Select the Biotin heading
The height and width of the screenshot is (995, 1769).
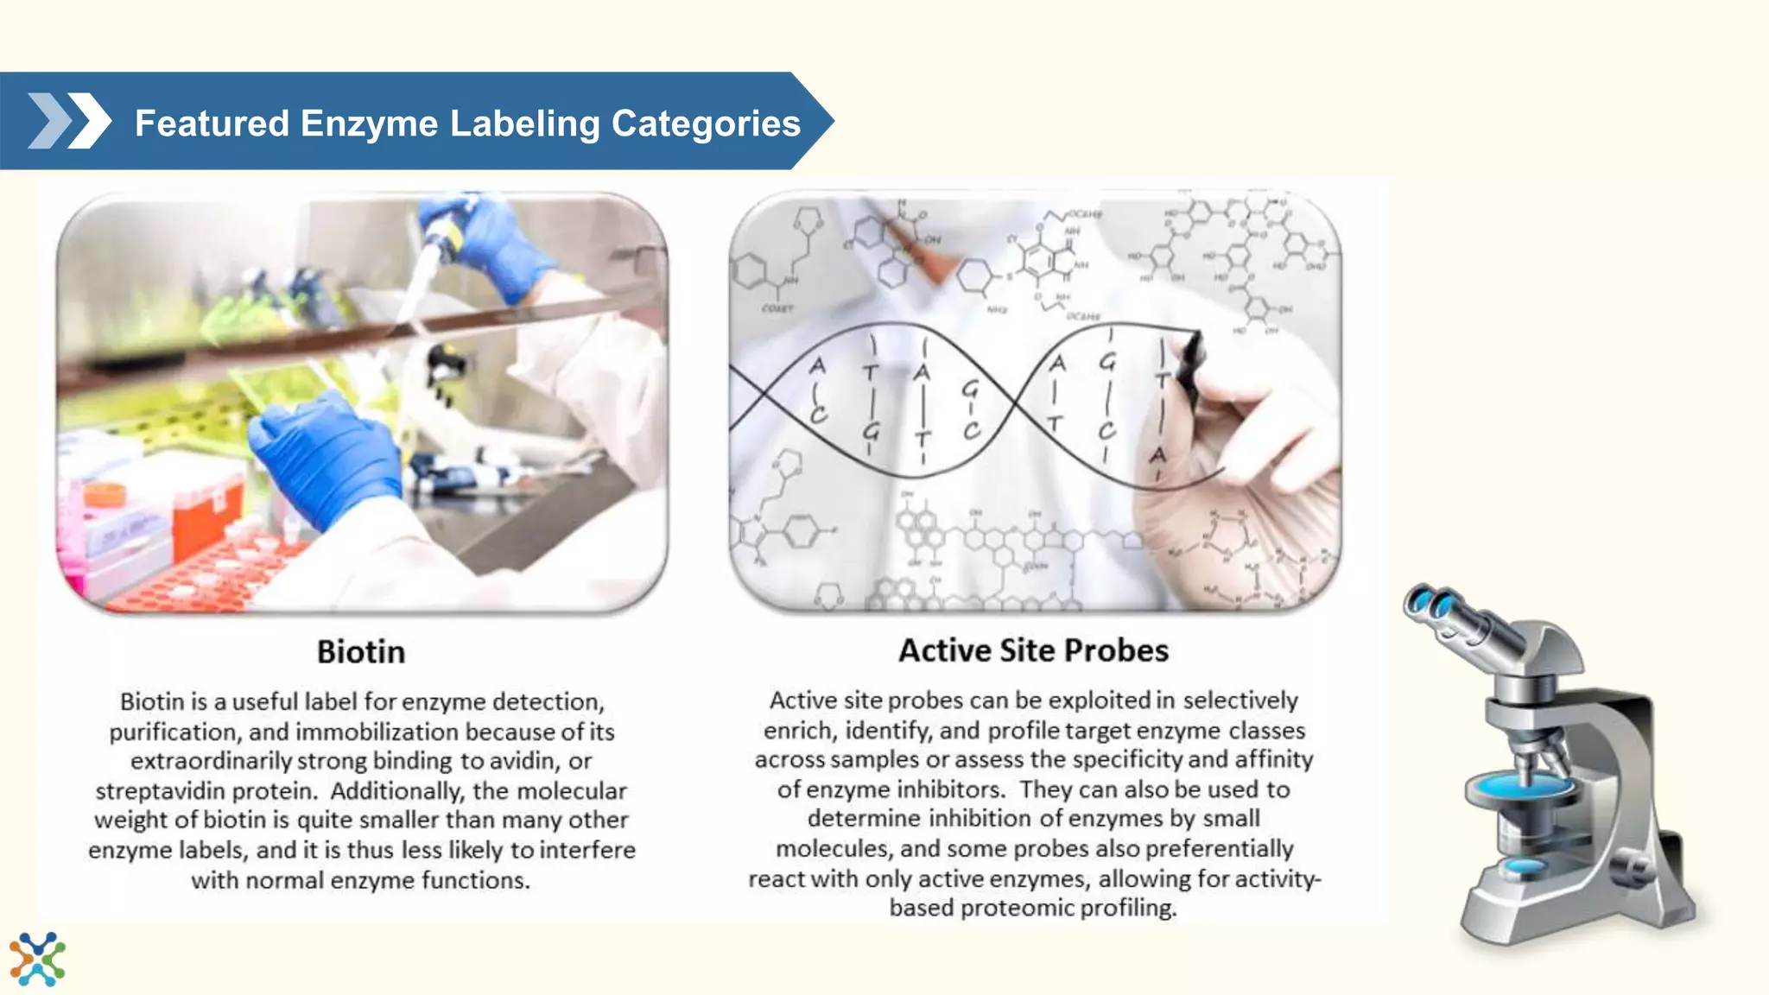tap(360, 652)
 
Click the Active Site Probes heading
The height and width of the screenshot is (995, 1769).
tap(1033, 650)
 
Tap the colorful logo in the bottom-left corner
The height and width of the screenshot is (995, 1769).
tap(37, 959)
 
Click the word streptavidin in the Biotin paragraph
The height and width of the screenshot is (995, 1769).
tap(156, 790)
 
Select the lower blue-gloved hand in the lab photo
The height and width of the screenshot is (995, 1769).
tap(328, 458)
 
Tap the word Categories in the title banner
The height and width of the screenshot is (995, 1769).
tap(706, 124)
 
